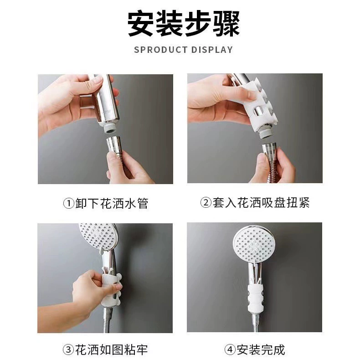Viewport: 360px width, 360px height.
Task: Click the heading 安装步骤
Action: [x=184, y=24]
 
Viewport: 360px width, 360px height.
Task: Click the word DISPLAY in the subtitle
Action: [x=212, y=50]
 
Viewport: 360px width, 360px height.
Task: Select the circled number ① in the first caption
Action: [x=68, y=203]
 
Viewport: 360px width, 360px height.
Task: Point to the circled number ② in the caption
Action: [x=206, y=202]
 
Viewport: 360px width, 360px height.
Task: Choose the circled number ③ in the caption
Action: [x=68, y=350]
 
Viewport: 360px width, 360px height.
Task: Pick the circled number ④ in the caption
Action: [x=230, y=350]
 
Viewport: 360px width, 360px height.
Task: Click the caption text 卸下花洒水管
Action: [x=112, y=203]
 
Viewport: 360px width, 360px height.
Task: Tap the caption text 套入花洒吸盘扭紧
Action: [x=261, y=202]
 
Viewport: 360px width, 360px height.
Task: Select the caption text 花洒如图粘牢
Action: [x=111, y=350]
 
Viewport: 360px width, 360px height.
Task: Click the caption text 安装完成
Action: [x=261, y=350]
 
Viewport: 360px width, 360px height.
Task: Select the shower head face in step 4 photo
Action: [x=253, y=243]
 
